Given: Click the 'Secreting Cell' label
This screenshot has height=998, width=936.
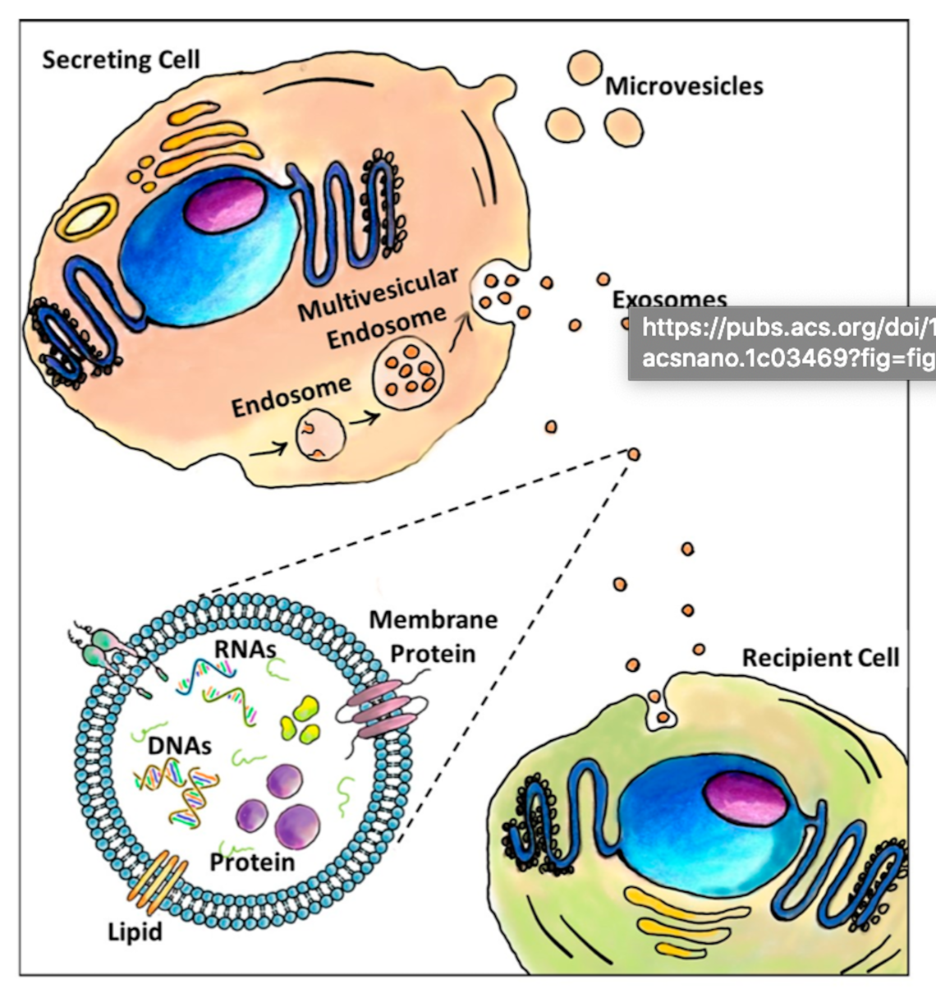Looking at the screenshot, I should click(x=121, y=60).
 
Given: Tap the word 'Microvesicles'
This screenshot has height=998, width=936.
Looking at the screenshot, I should click(x=684, y=86).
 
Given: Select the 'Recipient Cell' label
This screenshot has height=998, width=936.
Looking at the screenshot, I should click(x=820, y=658).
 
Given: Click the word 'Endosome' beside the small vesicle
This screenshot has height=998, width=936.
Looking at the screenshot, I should click(x=291, y=393).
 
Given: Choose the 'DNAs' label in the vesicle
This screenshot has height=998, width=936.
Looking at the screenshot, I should click(x=180, y=745).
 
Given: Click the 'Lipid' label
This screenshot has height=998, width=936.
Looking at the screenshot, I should click(x=135, y=932).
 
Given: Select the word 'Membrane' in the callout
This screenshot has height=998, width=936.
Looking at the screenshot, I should click(x=433, y=619).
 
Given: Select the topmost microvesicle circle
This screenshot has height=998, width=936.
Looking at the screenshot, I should click(x=585, y=68).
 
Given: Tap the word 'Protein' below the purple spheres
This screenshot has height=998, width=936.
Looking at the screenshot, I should click(x=252, y=862).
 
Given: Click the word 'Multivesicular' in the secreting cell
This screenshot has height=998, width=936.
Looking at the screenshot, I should click(x=377, y=293).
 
